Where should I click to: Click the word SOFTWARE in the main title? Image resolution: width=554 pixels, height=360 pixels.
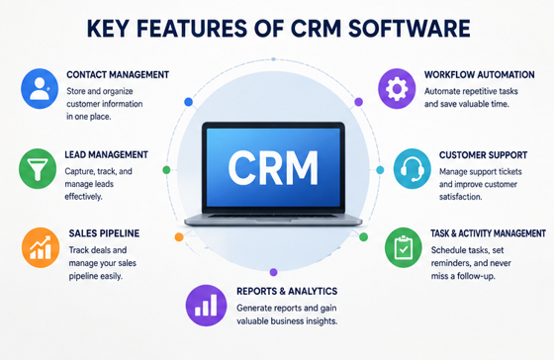pos(410,29)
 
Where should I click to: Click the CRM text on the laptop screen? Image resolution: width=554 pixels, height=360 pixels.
pos(273,168)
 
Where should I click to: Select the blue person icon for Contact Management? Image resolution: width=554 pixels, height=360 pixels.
pos(40,88)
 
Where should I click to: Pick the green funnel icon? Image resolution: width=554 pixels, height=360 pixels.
pos(38,168)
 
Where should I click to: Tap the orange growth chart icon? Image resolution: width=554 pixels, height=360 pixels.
pos(41,247)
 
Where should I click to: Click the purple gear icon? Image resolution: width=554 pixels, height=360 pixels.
pos(397,88)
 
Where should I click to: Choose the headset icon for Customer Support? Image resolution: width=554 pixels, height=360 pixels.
pos(412,168)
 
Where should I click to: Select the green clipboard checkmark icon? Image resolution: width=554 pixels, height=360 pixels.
pos(404,247)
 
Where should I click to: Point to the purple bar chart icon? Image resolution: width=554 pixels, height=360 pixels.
pos(206,306)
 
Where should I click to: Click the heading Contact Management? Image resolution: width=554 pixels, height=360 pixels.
pos(118,75)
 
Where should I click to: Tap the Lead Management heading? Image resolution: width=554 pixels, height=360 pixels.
pos(107,154)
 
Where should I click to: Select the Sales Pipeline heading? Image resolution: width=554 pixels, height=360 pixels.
pos(104,233)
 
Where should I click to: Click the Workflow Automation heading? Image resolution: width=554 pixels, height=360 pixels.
pos(480,75)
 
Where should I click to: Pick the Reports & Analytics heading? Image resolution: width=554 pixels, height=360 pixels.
pos(287,291)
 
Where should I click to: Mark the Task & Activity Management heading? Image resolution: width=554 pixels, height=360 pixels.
pos(488,233)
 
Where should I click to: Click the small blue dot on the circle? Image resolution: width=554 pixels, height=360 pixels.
pos(189,102)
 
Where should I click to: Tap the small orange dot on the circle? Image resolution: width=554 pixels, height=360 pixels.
pos(179,237)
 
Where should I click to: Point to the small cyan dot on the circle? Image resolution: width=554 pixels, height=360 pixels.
pos(380,170)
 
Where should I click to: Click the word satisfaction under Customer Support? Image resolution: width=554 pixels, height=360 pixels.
pos(460,197)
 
